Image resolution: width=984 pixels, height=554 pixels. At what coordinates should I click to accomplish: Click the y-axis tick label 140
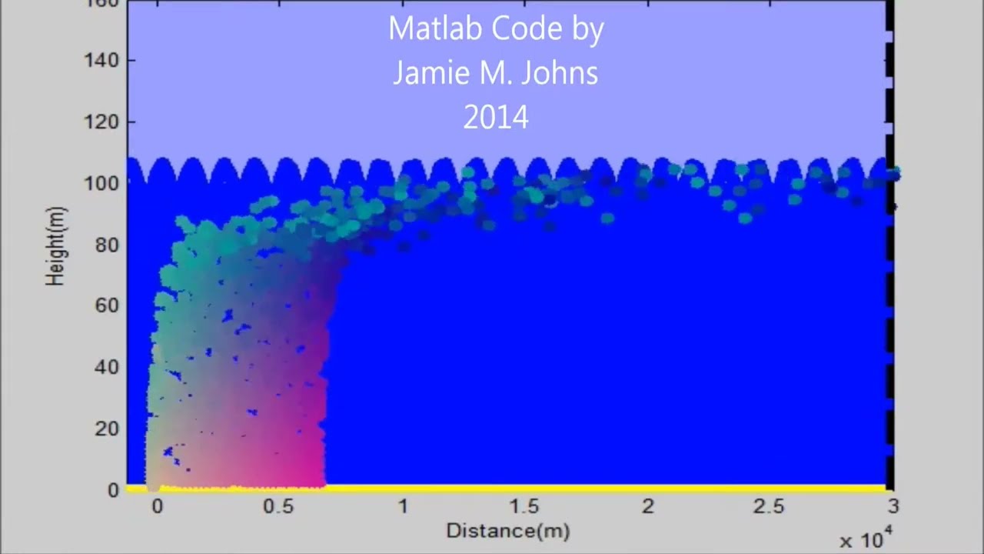[x=101, y=60]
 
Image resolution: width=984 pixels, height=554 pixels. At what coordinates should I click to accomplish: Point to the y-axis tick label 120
[x=101, y=122]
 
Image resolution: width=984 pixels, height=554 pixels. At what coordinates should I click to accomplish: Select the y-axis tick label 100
[x=101, y=183]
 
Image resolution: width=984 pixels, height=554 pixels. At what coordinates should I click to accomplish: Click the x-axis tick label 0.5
[x=278, y=506]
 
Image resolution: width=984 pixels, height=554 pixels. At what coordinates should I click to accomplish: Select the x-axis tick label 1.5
[x=524, y=506]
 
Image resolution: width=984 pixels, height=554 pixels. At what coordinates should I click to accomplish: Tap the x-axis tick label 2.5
[x=769, y=506]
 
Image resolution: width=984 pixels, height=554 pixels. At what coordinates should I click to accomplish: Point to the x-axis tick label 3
[x=893, y=506]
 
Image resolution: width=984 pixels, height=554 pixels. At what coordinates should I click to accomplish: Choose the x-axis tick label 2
[x=648, y=506]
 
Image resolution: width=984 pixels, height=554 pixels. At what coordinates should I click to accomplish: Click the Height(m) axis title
[x=56, y=246]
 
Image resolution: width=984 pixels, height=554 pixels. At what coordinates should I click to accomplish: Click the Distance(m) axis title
[x=507, y=531]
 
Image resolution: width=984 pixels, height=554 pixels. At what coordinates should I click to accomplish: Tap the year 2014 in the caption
[x=496, y=118]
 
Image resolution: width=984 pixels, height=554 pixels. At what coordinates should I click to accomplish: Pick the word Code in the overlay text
[x=524, y=29]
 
